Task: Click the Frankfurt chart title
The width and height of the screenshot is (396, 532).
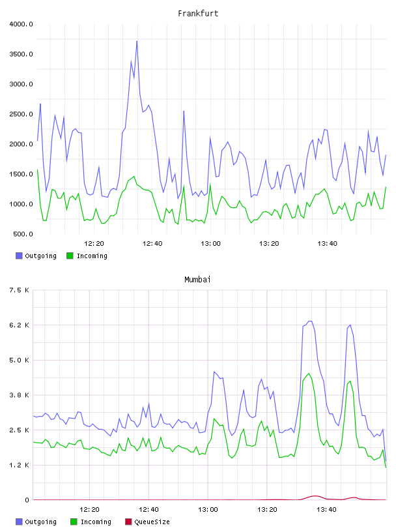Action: point(198,14)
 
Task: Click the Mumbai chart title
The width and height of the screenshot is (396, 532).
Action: point(197,280)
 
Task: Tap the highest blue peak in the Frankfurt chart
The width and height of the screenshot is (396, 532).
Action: point(137,41)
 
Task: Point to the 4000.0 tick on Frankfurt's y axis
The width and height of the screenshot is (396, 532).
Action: point(21,24)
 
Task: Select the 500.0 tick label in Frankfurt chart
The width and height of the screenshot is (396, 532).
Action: point(23,234)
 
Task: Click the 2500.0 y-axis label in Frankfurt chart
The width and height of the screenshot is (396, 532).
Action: point(21,114)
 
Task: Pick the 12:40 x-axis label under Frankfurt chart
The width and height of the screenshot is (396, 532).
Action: point(152,244)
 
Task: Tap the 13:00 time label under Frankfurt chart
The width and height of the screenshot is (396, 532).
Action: point(210,244)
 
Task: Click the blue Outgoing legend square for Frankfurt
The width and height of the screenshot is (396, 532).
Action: point(19,256)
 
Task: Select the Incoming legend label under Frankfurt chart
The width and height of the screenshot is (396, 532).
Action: point(92,256)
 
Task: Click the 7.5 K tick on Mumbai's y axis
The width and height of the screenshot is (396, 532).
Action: point(20,290)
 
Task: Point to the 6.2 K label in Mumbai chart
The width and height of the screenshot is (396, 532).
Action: point(20,325)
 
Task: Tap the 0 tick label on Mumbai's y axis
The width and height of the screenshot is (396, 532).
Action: point(27,500)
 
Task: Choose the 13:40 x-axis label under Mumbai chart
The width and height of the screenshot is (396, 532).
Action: point(326,510)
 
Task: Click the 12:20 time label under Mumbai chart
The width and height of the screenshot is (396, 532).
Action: point(89,510)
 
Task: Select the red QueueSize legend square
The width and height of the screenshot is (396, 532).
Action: point(128,522)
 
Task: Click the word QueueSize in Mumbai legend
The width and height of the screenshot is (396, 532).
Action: point(152,522)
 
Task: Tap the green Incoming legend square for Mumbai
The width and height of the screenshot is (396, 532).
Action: point(74,522)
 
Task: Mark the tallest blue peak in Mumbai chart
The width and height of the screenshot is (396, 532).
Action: point(310,321)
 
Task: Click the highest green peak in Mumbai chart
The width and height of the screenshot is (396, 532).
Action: point(309,374)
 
